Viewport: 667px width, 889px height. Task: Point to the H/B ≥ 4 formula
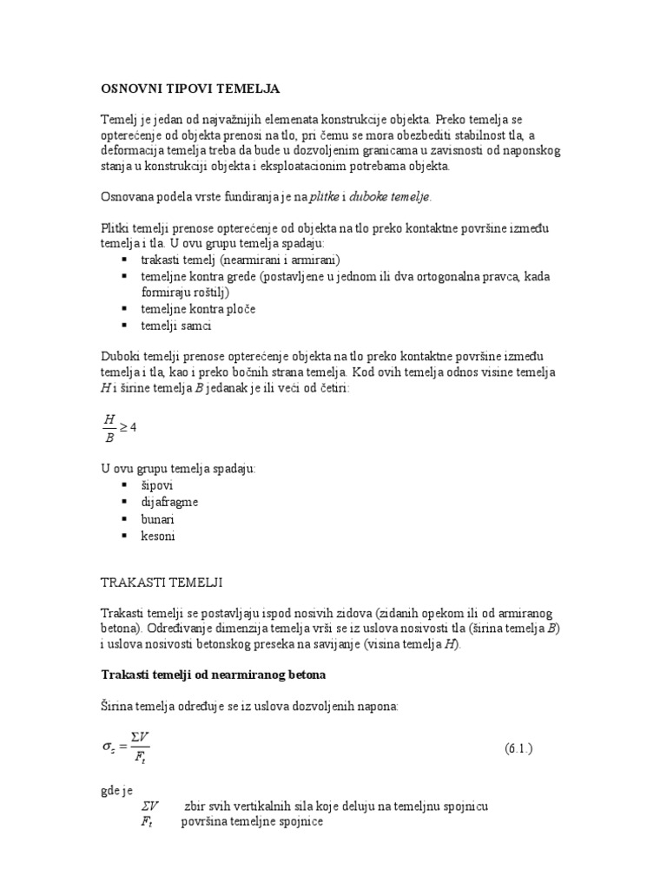pyautogui.click(x=119, y=428)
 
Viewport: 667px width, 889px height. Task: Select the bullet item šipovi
pyautogui.click(x=158, y=484)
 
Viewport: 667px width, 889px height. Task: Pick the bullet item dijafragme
pyautogui.click(x=170, y=502)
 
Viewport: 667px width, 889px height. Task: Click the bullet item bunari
pyautogui.click(x=158, y=519)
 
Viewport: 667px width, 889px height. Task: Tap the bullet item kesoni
pyautogui.click(x=158, y=537)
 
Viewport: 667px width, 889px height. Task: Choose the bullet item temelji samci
pyautogui.click(x=176, y=326)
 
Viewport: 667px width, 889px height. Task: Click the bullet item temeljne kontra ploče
pyautogui.click(x=198, y=309)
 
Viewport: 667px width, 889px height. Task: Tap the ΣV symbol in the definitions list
pyautogui.click(x=149, y=806)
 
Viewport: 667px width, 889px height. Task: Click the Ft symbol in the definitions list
pyautogui.click(x=147, y=821)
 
